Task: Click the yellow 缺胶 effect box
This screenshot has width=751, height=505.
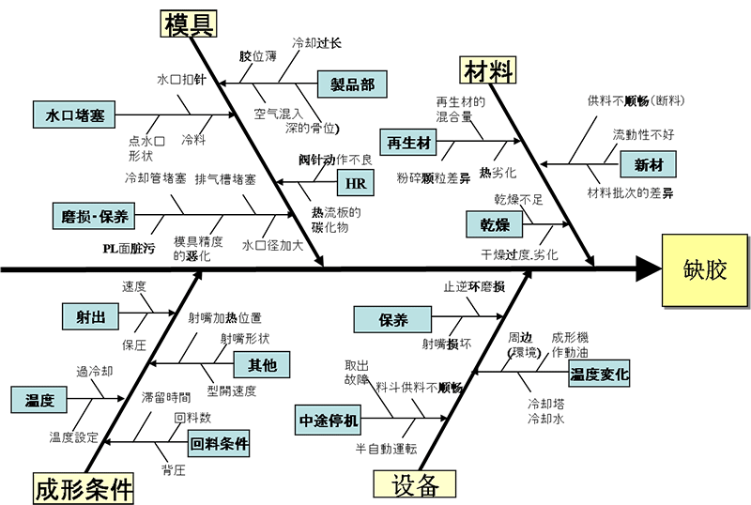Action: pyautogui.click(x=705, y=270)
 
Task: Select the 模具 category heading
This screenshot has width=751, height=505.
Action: pyautogui.click(x=189, y=24)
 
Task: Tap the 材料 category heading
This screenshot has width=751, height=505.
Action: pyautogui.click(x=488, y=70)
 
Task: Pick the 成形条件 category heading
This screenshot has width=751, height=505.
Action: pyautogui.click(x=84, y=488)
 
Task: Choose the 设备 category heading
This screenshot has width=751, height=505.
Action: pyautogui.click(x=414, y=484)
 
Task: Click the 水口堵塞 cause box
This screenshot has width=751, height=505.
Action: pyautogui.click(x=74, y=115)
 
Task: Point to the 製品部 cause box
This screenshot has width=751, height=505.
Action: pyautogui.click(x=352, y=84)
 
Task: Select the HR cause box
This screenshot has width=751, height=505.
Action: pyautogui.click(x=356, y=182)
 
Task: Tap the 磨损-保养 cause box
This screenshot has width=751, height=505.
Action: pyautogui.click(x=94, y=216)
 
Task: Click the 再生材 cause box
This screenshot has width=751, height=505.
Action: pyautogui.click(x=408, y=143)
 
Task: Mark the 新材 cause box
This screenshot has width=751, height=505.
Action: pyautogui.click(x=649, y=165)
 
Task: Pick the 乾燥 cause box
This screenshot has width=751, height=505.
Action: pyautogui.click(x=495, y=224)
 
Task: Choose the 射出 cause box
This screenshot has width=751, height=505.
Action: pyautogui.click(x=90, y=316)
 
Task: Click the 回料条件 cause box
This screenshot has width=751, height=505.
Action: pyautogui.click(x=219, y=443)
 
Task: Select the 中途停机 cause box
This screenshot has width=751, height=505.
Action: pyautogui.click(x=328, y=421)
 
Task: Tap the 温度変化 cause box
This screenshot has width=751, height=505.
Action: pyautogui.click(x=599, y=374)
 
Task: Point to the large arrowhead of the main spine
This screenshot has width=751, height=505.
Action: pyautogui.click(x=648, y=269)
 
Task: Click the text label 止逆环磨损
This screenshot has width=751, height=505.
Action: pyautogui.click(x=474, y=287)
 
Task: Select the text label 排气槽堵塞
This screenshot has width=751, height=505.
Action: pyautogui.click(x=225, y=179)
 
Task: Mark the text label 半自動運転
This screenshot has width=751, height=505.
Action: pyautogui.click(x=386, y=449)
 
